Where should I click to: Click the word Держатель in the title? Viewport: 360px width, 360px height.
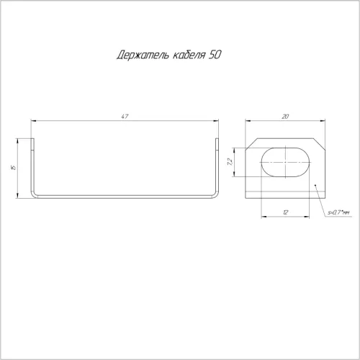tap(143, 55)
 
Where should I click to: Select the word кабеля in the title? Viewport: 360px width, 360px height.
tap(189, 55)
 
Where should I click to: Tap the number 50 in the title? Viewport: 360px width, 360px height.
tap(215, 55)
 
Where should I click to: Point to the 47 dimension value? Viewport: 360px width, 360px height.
tap(125, 117)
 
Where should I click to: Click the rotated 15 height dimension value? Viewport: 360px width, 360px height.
tap(14, 167)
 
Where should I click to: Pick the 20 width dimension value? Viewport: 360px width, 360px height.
tap(285, 117)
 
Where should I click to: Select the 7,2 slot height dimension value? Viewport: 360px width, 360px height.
tap(230, 161)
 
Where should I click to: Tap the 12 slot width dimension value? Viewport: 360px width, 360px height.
tap(285, 212)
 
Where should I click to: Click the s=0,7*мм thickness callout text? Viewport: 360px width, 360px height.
tap(338, 212)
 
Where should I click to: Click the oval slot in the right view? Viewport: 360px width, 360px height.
tap(285, 162)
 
